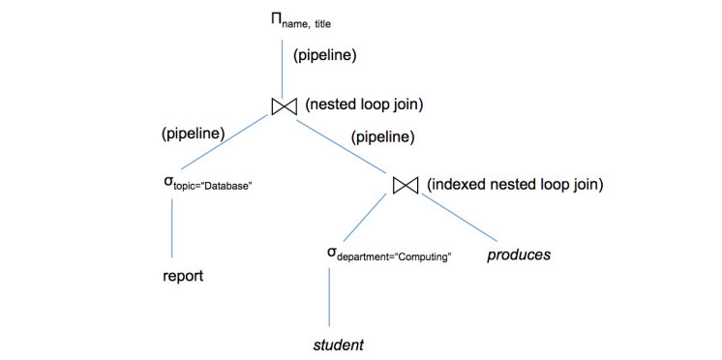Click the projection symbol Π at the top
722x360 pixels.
(276, 19)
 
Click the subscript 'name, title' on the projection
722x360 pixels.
(307, 24)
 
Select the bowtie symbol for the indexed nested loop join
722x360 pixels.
(406, 185)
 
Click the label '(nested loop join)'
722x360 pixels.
(364, 105)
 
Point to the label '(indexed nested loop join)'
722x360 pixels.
(515, 185)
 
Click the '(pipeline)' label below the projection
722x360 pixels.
(325, 55)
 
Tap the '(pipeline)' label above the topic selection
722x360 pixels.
(193, 134)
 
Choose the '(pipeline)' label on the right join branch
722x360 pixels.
(382, 136)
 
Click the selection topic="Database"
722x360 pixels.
(209, 183)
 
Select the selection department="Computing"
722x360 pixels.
(388, 255)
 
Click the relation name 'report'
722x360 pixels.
(183, 276)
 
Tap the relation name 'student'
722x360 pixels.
(339, 345)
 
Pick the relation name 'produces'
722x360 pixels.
(519, 255)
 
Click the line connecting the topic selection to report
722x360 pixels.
(171, 227)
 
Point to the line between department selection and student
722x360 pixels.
(330, 297)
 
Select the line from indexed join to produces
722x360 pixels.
(460, 218)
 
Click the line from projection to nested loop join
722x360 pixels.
(282, 68)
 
